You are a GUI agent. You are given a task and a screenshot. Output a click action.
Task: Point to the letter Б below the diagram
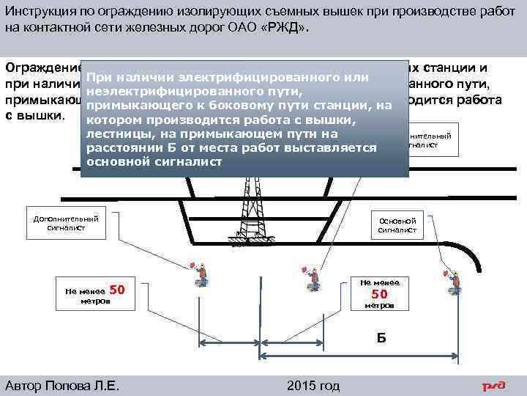pos(381,337)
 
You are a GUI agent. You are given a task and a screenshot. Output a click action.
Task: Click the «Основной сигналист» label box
pos(397,224)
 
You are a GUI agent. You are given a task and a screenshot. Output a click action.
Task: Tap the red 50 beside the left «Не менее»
pos(122,290)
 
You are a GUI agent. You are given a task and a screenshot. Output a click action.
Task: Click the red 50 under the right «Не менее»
pos(379,294)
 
